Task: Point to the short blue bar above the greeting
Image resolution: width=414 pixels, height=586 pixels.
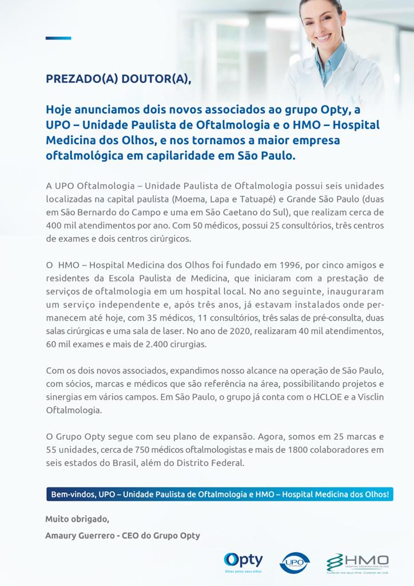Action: (58, 38)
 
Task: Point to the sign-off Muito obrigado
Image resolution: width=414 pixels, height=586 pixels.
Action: (77, 520)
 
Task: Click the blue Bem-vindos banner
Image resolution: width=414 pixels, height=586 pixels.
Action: (220, 494)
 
